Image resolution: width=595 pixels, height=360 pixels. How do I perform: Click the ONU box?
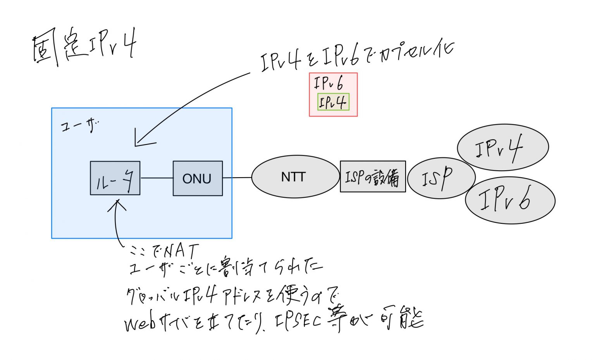coord(198,178)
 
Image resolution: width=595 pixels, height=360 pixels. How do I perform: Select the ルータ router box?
coord(115,178)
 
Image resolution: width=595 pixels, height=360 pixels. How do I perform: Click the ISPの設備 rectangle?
coord(373,177)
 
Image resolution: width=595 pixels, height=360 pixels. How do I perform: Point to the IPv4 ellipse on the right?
coord(502,147)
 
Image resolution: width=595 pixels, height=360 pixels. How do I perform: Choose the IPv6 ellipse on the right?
coord(510,200)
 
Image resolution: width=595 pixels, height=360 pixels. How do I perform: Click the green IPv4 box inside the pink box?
coord(333,102)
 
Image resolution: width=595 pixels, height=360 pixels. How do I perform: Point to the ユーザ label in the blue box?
coord(80,125)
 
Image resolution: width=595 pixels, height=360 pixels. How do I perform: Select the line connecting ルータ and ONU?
coord(156,178)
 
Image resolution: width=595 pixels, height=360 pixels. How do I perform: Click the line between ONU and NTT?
coord(237,178)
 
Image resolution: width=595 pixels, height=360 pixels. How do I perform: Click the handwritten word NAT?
coord(181,252)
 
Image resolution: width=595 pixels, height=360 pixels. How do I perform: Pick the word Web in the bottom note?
coord(139,324)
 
